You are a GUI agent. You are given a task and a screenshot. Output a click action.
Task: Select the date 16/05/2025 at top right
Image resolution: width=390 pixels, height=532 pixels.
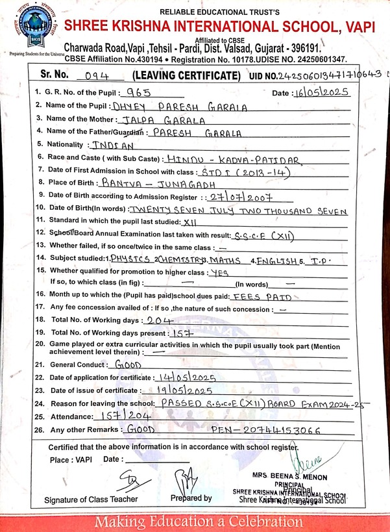pyautogui.click(x=321, y=92)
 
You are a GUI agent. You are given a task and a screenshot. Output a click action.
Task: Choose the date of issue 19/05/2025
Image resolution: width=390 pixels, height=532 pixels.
pyautogui.click(x=177, y=391)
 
